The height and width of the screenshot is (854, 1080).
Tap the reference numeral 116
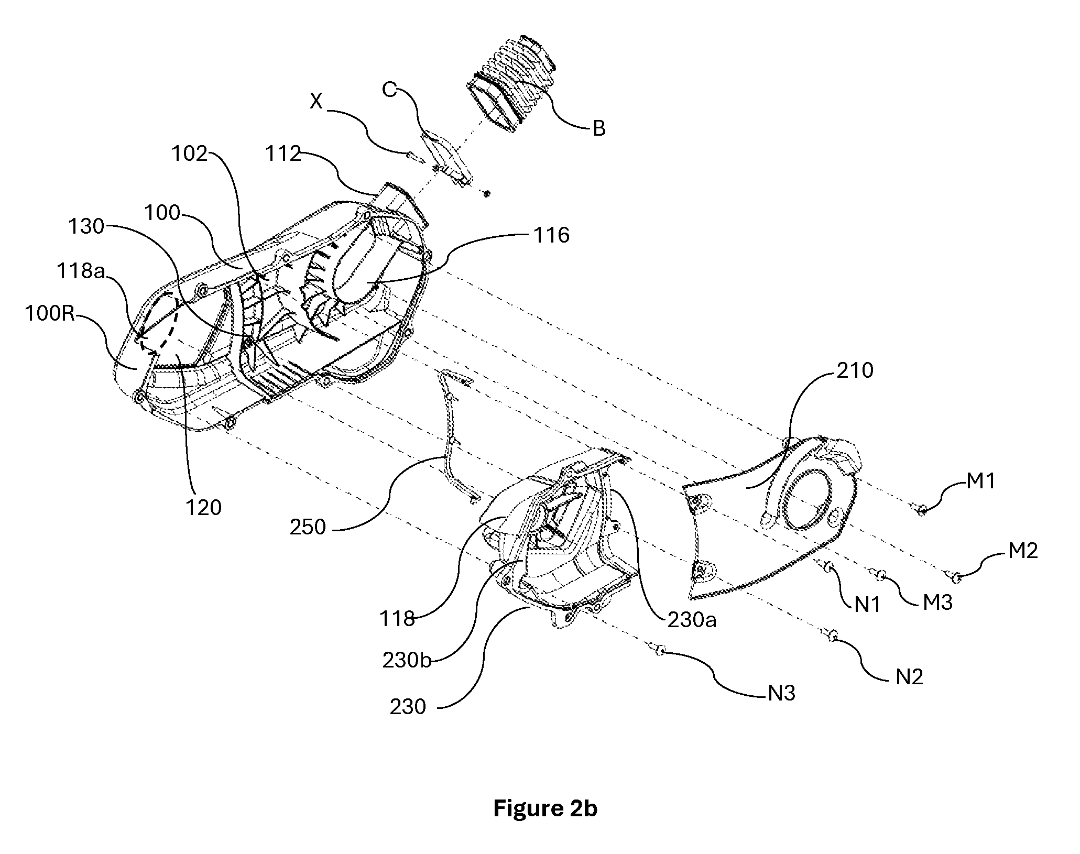(x=551, y=235)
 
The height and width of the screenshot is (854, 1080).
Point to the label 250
(x=308, y=527)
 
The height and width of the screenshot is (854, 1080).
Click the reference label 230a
(x=691, y=620)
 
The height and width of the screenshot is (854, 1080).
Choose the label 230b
(x=407, y=661)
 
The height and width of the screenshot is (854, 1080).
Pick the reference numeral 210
(x=855, y=370)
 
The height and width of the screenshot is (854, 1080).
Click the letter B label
(x=598, y=128)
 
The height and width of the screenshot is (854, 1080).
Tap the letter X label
(x=316, y=101)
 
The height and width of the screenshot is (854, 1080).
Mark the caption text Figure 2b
(x=545, y=808)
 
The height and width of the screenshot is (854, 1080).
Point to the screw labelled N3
(x=658, y=650)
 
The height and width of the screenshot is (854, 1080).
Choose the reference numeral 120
(x=203, y=507)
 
